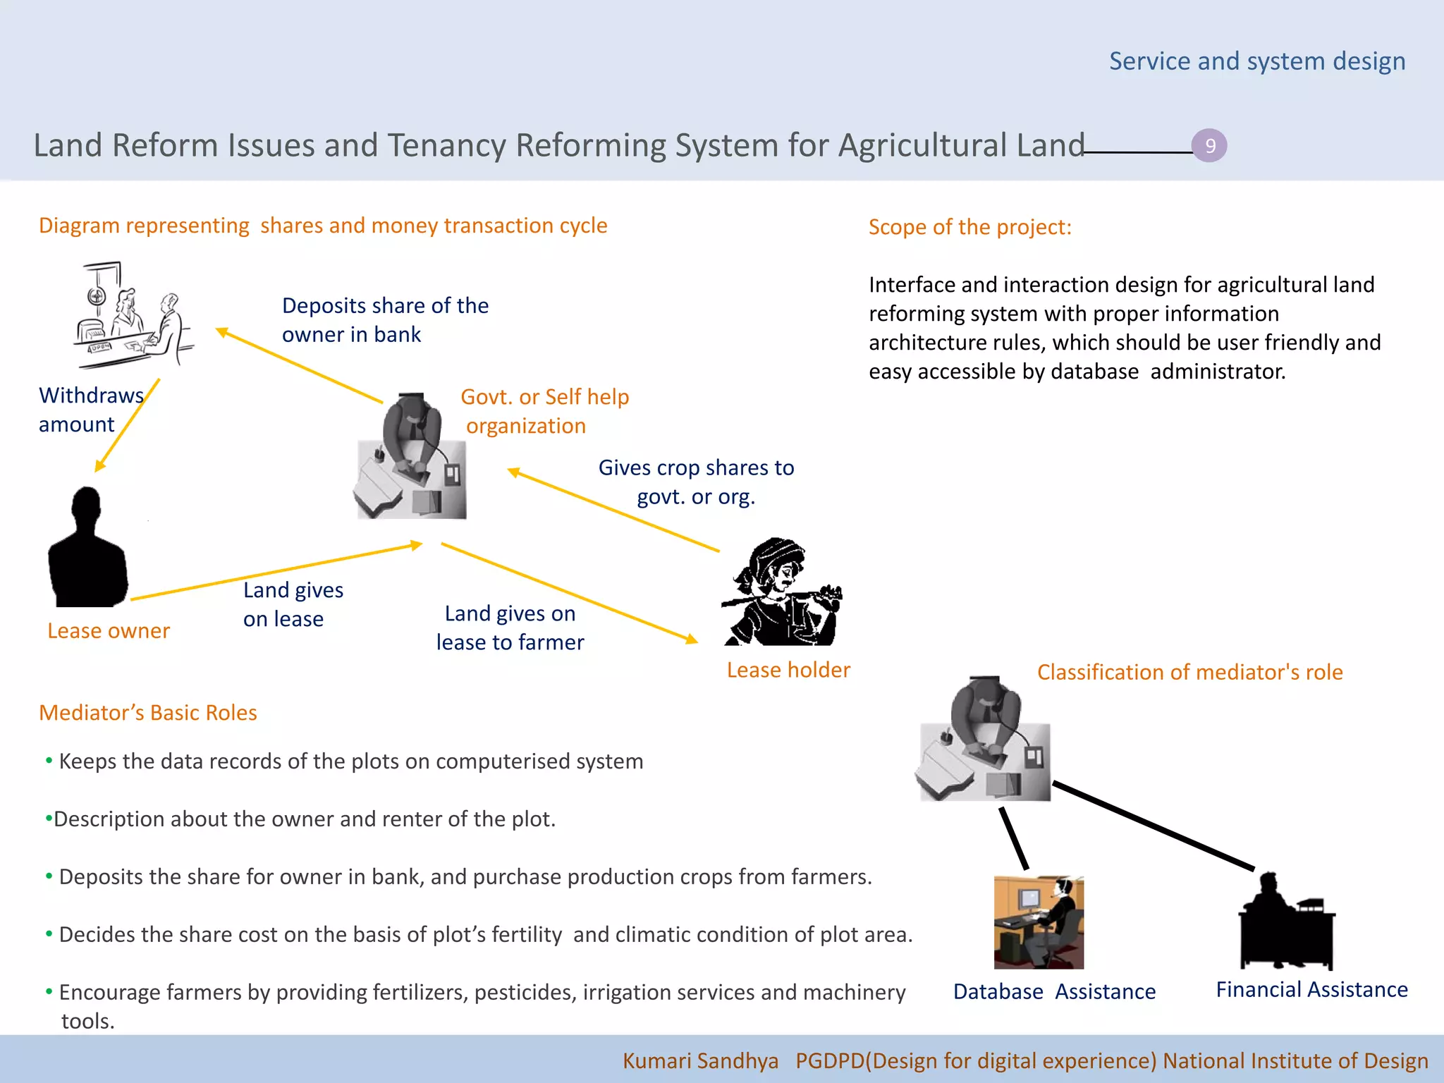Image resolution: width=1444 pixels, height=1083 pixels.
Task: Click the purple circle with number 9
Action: [x=1209, y=146]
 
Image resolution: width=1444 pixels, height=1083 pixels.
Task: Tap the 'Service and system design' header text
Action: [x=1256, y=61]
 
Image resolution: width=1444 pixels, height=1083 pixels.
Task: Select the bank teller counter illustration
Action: [x=133, y=315]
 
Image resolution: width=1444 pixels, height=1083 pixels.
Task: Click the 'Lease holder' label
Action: [x=788, y=670]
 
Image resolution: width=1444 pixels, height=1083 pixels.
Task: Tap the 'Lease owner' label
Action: [x=109, y=630]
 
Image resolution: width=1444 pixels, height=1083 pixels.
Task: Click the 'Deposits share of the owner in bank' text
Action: [x=385, y=319]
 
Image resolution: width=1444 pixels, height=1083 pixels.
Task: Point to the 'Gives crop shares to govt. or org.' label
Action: [x=696, y=482]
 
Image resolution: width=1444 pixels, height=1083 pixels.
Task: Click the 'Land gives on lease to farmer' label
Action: [x=510, y=628]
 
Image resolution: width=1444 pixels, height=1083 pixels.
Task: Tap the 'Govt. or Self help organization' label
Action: [x=544, y=411]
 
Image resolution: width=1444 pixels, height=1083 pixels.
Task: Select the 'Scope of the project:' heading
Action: [x=969, y=227]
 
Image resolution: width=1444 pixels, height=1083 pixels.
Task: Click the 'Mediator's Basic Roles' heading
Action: [x=148, y=713]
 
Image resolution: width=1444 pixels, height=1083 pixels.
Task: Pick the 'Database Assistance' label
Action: [x=1054, y=991]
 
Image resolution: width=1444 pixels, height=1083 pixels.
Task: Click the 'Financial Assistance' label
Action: [x=1311, y=989]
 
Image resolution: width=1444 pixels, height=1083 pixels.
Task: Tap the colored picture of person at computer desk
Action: [x=1039, y=922]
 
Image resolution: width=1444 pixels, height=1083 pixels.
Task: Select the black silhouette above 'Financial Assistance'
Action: [x=1286, y=921]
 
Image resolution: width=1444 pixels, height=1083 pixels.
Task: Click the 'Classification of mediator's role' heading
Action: [x=1189, y=672]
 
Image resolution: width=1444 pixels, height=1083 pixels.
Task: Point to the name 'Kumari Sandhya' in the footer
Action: [x=700, y=1060]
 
